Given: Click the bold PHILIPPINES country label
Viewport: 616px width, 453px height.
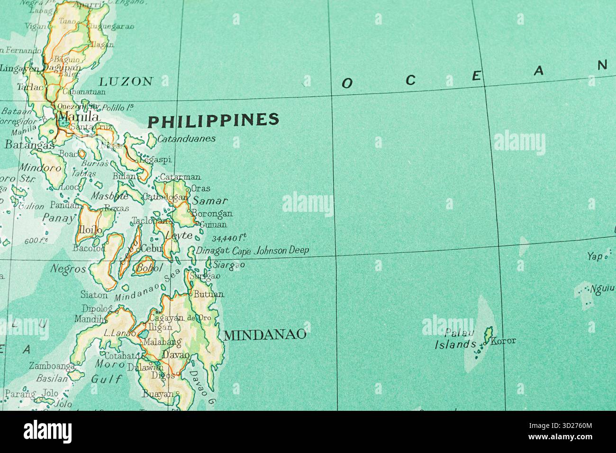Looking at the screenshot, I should tap(213, 120).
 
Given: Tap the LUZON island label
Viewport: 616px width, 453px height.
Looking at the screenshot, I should tap(126, 81).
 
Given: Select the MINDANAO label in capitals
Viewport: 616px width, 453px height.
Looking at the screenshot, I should tap(264, 335).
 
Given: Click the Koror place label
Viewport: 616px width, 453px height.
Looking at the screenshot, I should tap(503, 341).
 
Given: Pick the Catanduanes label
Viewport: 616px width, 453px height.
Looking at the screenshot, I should tap(186, 139).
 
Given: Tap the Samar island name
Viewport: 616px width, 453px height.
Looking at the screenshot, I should tap(210, 200).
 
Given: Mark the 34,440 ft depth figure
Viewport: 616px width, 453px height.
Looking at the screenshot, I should tap(229, 238).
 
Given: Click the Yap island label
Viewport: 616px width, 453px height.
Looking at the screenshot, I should tap(595, 256).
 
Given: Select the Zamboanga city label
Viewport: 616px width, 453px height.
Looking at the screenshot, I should tap(52, 366).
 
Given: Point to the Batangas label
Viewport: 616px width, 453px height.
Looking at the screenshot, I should tap(29, 145).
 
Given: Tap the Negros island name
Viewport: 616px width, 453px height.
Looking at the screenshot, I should tap(68, 269).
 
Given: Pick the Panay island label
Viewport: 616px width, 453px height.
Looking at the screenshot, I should tap(59, 217).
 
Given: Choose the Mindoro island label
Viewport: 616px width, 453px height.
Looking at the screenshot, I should tap(40, 167).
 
